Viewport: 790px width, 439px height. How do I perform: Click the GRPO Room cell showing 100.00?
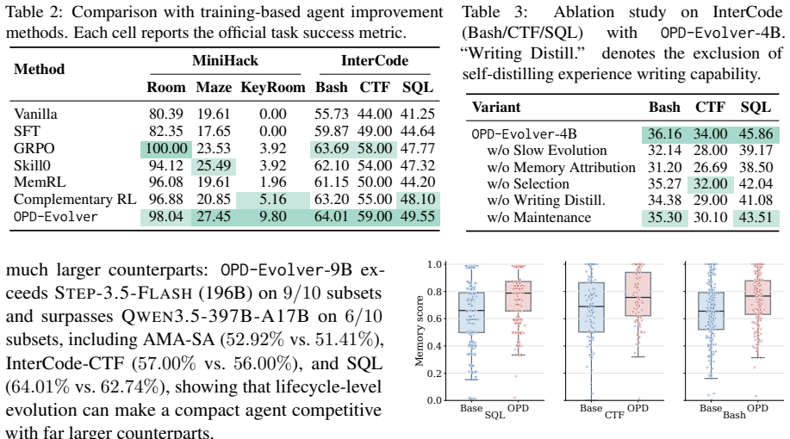coord(166,149)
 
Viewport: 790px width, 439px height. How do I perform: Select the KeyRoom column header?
coord(272,87)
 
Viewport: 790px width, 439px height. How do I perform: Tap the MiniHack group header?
coord(225,60)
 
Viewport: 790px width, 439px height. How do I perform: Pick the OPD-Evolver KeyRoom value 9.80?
coord(272,216)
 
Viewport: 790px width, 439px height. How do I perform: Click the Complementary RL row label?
coord(75,200)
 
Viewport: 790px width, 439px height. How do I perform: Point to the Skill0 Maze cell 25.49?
coord(214,165)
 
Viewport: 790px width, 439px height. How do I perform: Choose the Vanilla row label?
coord(35,114)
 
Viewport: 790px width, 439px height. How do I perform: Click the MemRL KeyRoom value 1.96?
coord(272,182)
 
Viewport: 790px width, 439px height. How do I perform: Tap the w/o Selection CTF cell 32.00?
coord(711,183)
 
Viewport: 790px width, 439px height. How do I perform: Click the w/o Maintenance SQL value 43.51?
coord(756,218)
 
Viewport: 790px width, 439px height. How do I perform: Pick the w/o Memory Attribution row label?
coord(561,167)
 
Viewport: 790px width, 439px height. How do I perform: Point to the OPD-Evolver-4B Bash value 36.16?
coord(664,134)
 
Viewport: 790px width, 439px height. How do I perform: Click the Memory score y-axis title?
coord(420,331)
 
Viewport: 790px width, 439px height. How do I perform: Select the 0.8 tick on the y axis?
coord(434,292)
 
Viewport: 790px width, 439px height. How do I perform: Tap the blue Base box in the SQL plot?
coord(471,312)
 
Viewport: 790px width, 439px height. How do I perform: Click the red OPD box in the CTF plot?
coord(638,294)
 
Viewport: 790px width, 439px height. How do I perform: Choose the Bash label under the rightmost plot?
coord(734,416)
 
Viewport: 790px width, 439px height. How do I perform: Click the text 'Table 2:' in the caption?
coord(34,12)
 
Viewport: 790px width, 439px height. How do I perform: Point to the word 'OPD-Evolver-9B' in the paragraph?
coord(286,269)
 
